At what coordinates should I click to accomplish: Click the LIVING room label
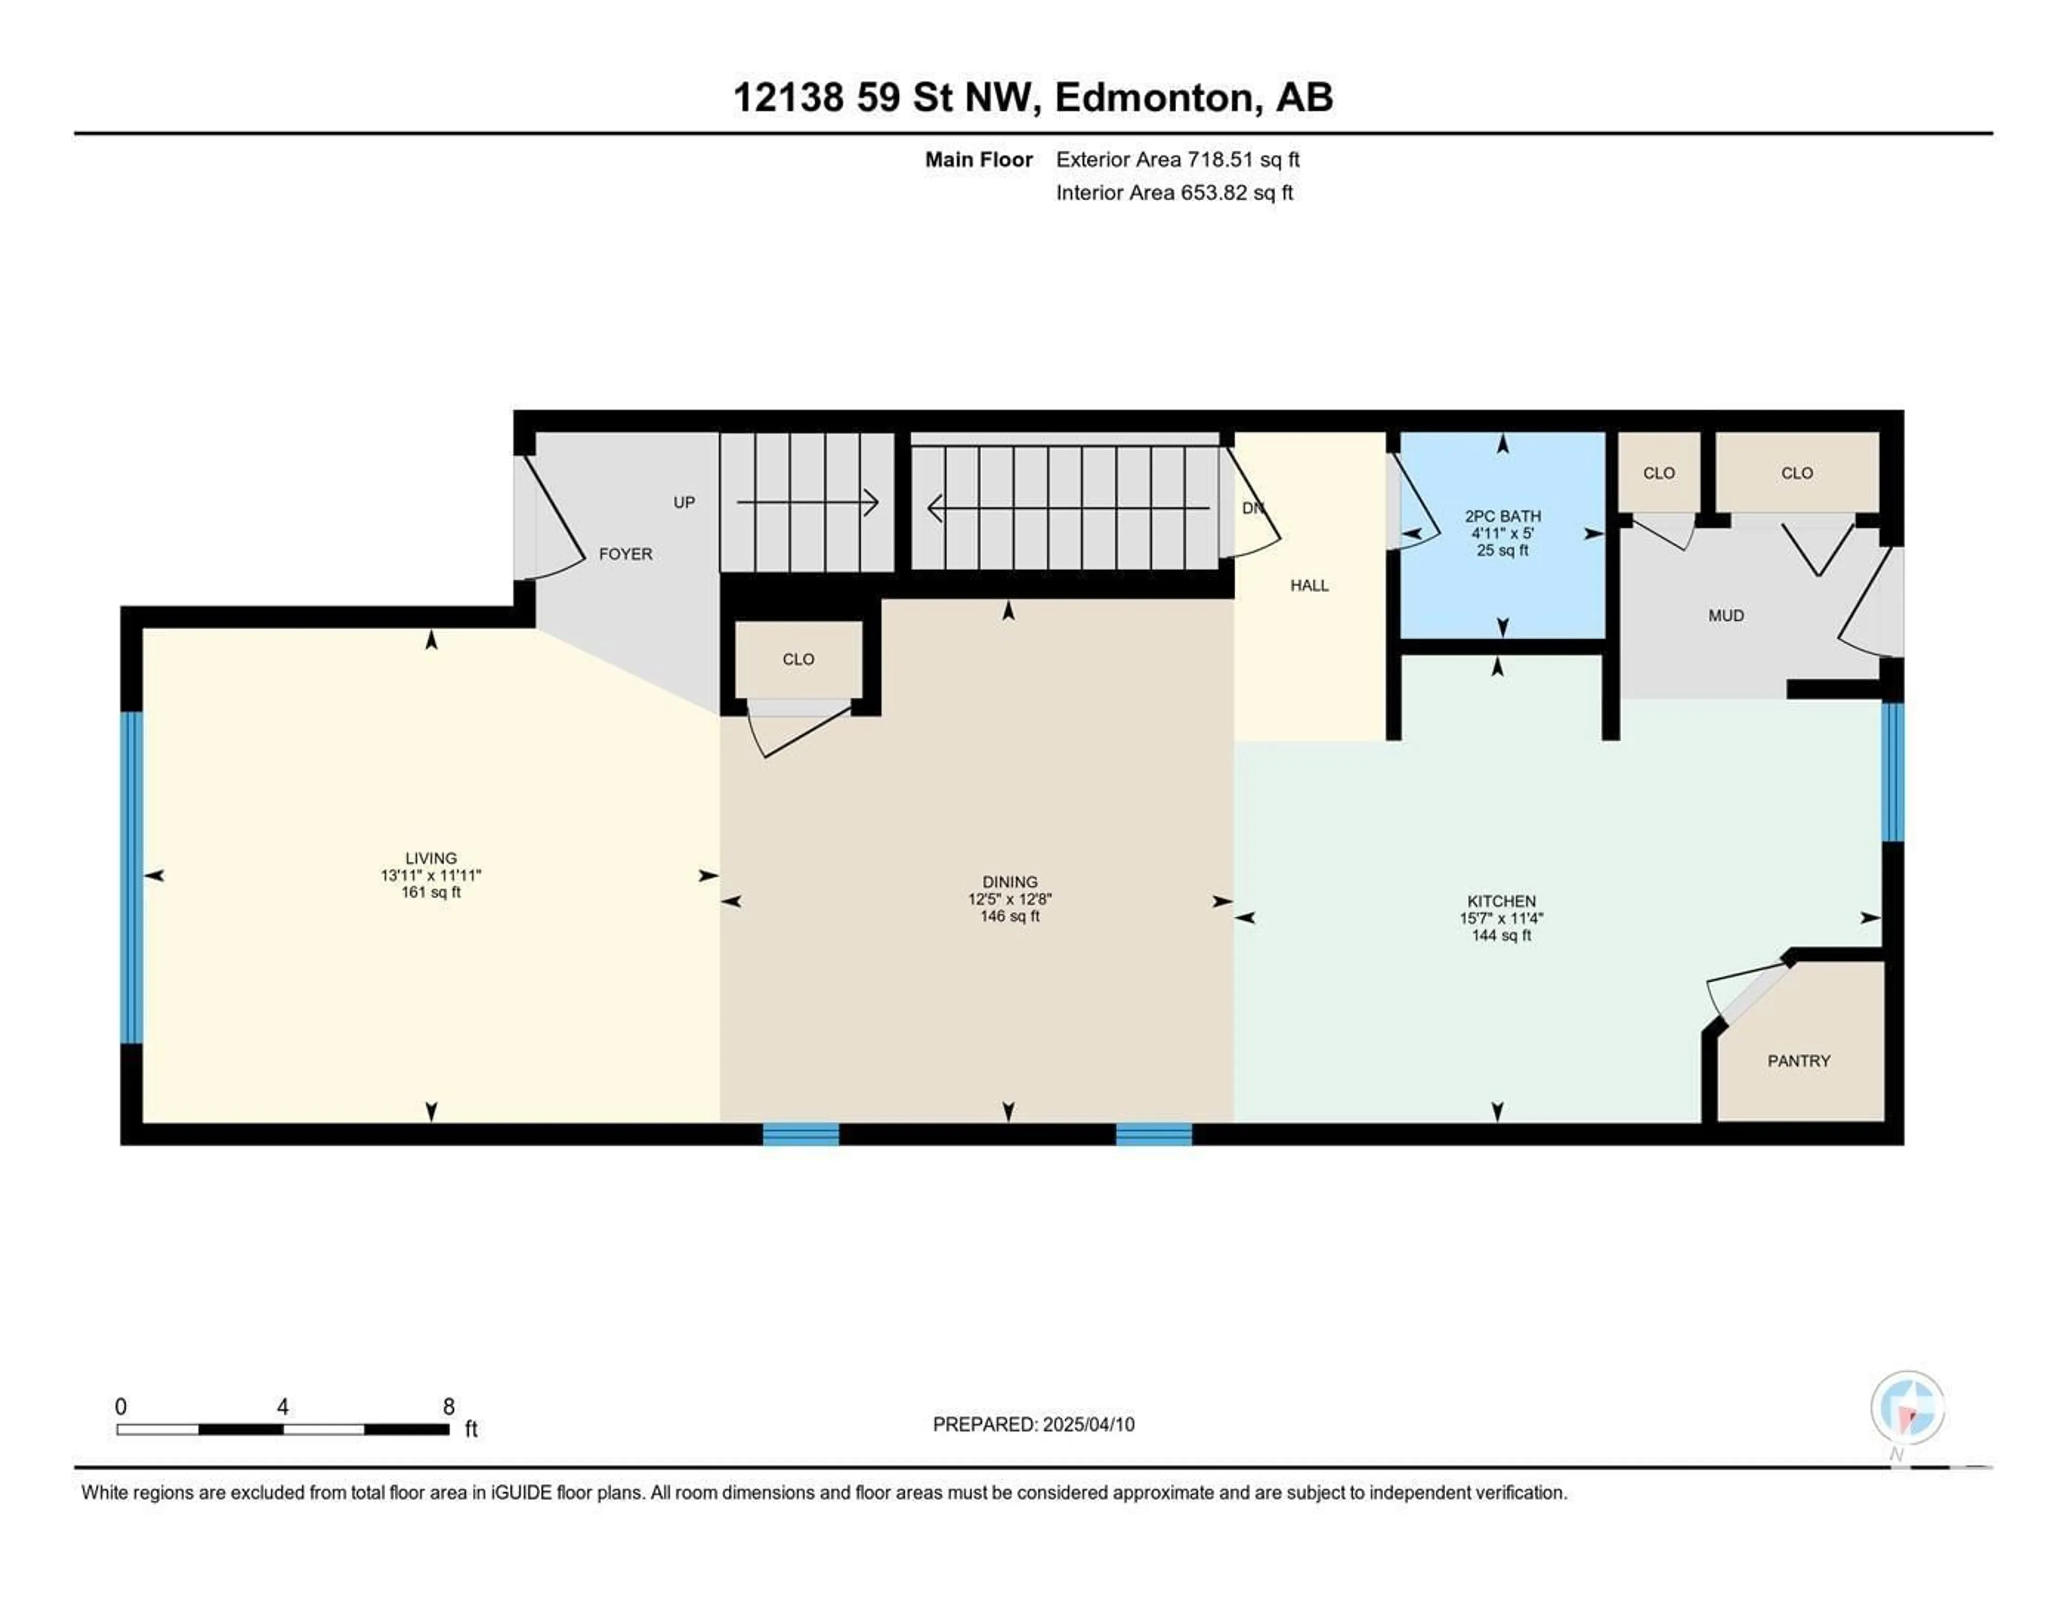tap(431, 857)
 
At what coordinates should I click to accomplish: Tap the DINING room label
tap(1010, 881)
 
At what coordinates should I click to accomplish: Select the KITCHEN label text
tap(1501, 901)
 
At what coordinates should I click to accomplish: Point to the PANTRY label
tap(1798, 1061)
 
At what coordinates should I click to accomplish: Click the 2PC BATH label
tap(1503, 516)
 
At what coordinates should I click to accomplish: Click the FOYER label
tap(625, 554)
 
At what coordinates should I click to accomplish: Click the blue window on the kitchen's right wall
tap(1892, 771)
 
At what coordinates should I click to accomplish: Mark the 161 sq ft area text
tap(431, 892)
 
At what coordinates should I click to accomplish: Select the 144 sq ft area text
tap(1501, 935)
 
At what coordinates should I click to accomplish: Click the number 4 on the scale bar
tap(282, 1406)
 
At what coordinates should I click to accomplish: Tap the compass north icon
tap(1907, 1408)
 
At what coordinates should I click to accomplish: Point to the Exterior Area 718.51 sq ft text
tap(1177, 160)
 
